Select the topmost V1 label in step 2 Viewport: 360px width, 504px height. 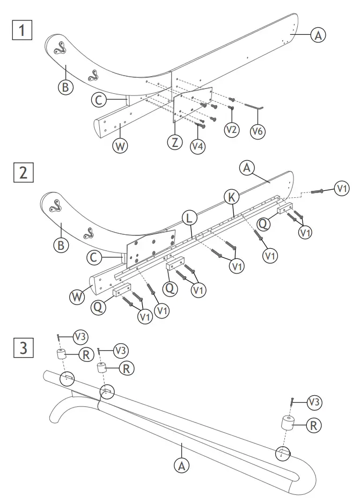(x=341, y=188)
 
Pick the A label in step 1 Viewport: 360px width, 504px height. (x=318, y=35)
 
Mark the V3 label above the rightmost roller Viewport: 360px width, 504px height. (x=315, y=401)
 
